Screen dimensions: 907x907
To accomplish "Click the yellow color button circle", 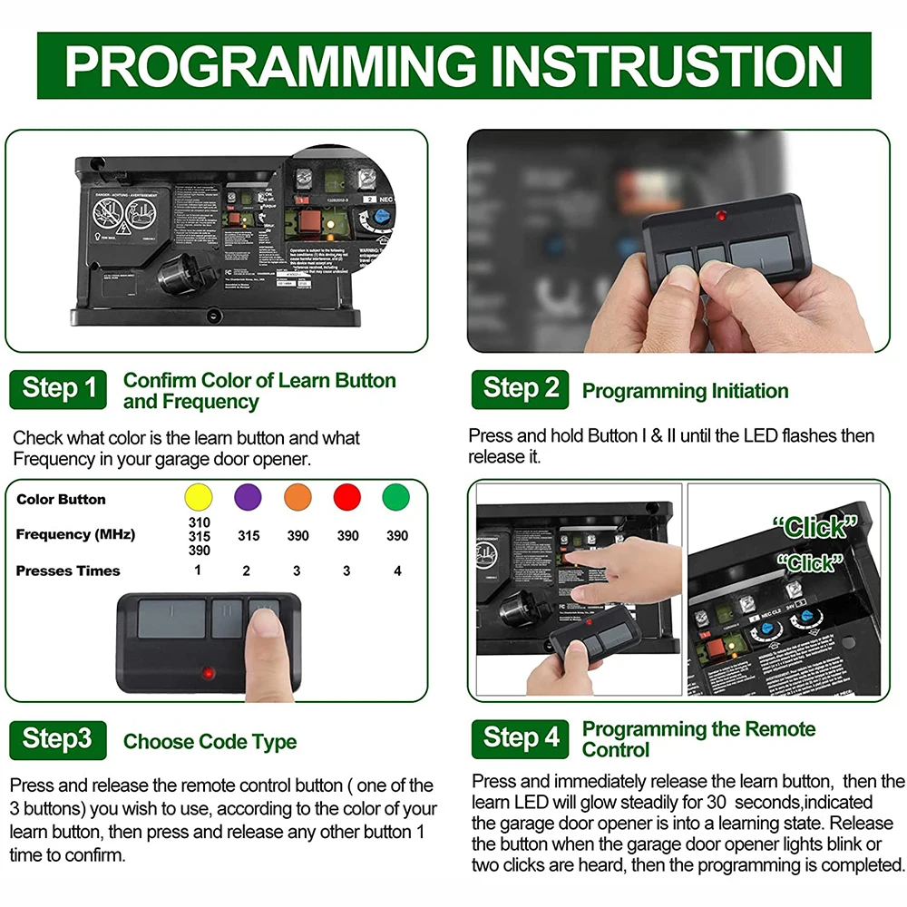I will (x=198, y=498).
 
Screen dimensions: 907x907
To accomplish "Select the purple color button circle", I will (x=248, y=498).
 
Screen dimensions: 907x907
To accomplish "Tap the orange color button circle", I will (x=297, y=498).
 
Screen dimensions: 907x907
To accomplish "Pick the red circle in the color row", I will (x=347, y=498).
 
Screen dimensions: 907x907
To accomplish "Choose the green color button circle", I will (x=396, y=498).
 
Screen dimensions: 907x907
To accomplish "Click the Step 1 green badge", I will (x=58, y=388).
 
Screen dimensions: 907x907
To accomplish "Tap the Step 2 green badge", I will (x=521, y=388).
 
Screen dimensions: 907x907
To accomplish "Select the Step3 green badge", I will (x=58, y=739).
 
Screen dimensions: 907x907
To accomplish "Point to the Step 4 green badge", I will (x=521, y=738).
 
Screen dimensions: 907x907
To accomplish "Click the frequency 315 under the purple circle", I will (x=248, y=536).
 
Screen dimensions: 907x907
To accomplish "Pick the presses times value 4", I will (x=396, y=571).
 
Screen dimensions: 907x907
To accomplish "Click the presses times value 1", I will (x=198, y=571).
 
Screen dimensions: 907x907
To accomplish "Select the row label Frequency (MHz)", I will (x=75, y=534).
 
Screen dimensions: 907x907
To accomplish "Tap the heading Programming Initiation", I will (x=685, y=392).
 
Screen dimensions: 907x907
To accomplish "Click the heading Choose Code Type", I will (x=210, y=742).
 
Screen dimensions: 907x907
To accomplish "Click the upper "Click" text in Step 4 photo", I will (x=814, y=526).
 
